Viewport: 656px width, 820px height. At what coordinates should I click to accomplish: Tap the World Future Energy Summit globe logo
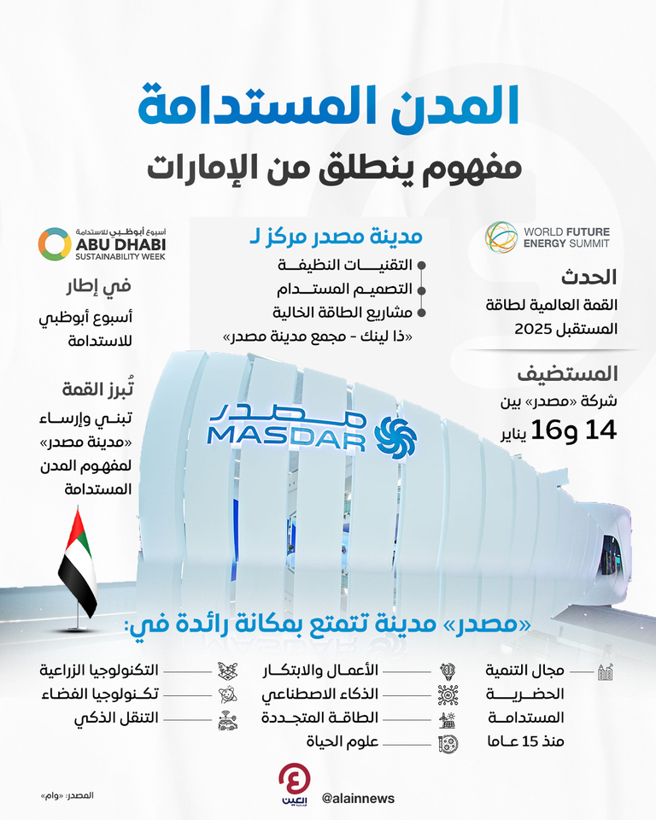pyautogui.click(x=501, y=237)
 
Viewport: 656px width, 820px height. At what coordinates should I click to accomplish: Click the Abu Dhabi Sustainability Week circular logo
pyautogui.click(x=53, y=243)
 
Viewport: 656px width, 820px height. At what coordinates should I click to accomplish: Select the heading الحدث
pyautogui.click(x=589, y=278)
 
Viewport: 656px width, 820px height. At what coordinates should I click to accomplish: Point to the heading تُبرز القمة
pyautogui.click(x=99, y=389)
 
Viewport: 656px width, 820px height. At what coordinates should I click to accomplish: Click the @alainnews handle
pyautogui.click(x=359, y=798)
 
